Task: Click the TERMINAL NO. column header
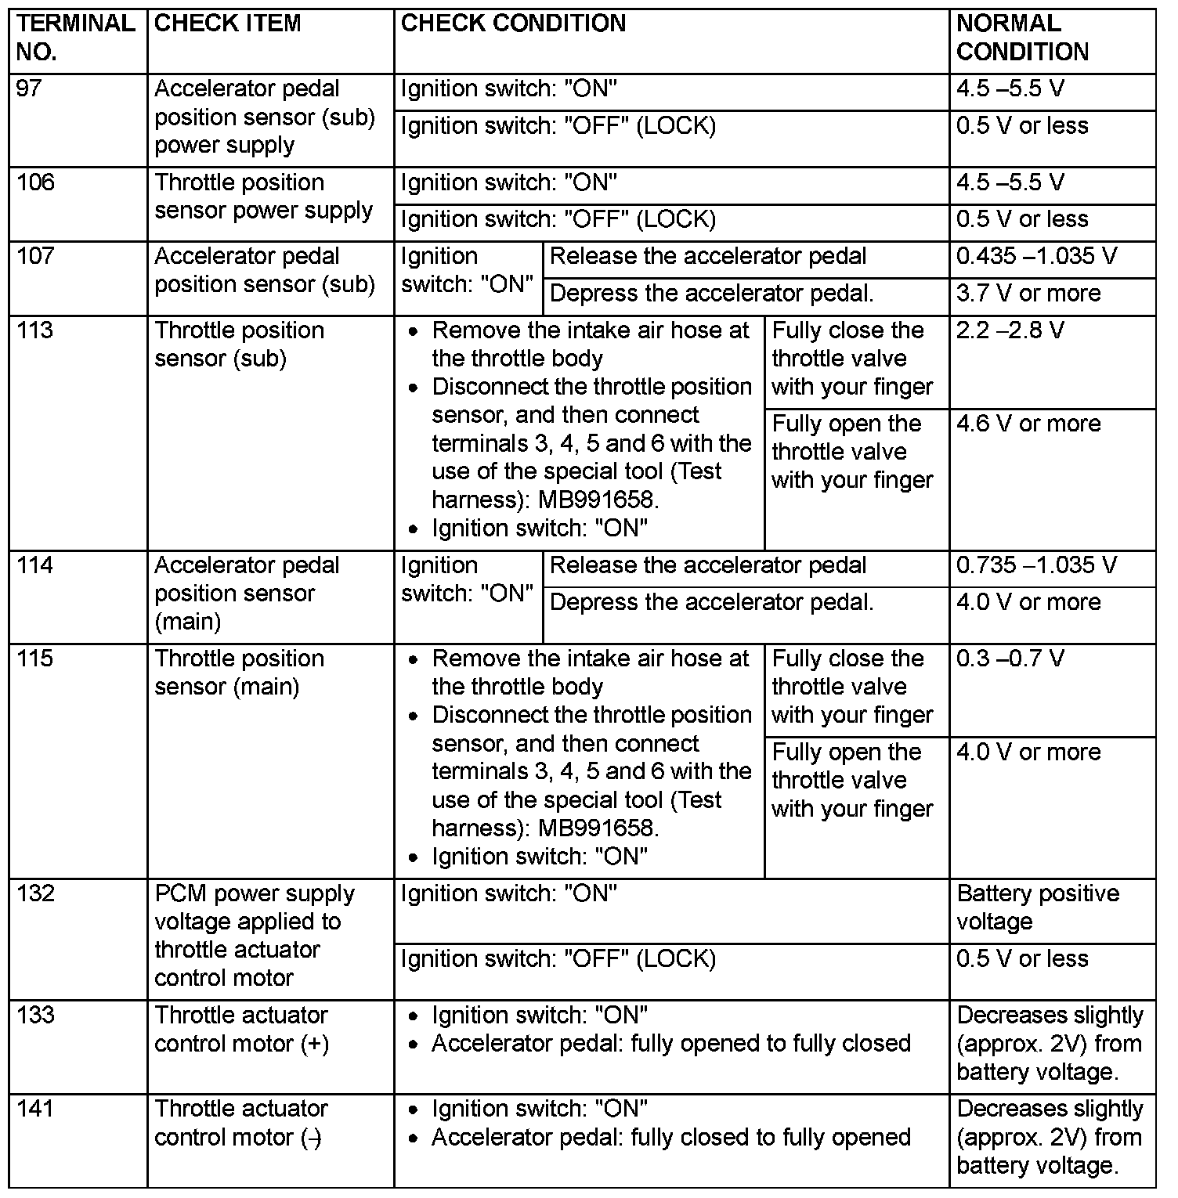[x=76, y=38]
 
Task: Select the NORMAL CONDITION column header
[x=1022, y=38]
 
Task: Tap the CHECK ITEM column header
[x=227, y=23]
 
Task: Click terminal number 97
[x=29, y=88]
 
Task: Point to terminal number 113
[x=35, y=330]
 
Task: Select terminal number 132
[x=35, y=893]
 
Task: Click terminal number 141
[x=35, y=1109]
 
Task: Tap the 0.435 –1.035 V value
[x=1036, y=256]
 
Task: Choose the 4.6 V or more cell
[x=1028, y=424]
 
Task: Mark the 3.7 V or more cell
[x=1028, y=294]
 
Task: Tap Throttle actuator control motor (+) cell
[x=241, y=1029]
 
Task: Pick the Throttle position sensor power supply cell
[x=263, y=197]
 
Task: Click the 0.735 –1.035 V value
[x=1036, y=565]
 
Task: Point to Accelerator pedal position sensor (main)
[x=247, y=594]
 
